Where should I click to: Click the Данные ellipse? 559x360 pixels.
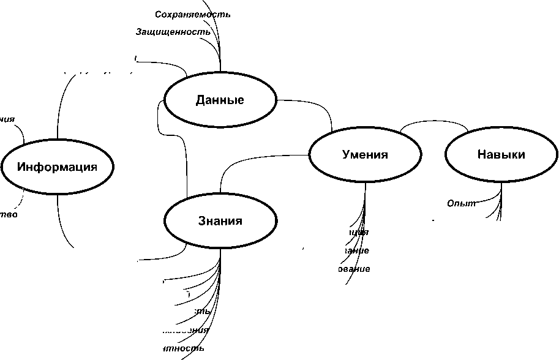coord(220,100)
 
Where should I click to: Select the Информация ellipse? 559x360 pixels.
coord(57,167)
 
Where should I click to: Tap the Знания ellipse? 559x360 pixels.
coord(220,221)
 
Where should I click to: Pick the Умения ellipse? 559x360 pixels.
coord(365,154)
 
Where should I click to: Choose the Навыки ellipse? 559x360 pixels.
coord(501,154)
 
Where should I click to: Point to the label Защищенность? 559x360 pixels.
coord(173,32)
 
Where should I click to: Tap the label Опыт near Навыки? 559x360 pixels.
coord(461,203)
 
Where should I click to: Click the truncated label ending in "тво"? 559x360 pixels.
coord(9,214)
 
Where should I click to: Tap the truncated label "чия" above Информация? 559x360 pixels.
coord(7,119)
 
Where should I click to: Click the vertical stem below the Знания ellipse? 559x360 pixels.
coord(220,263)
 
